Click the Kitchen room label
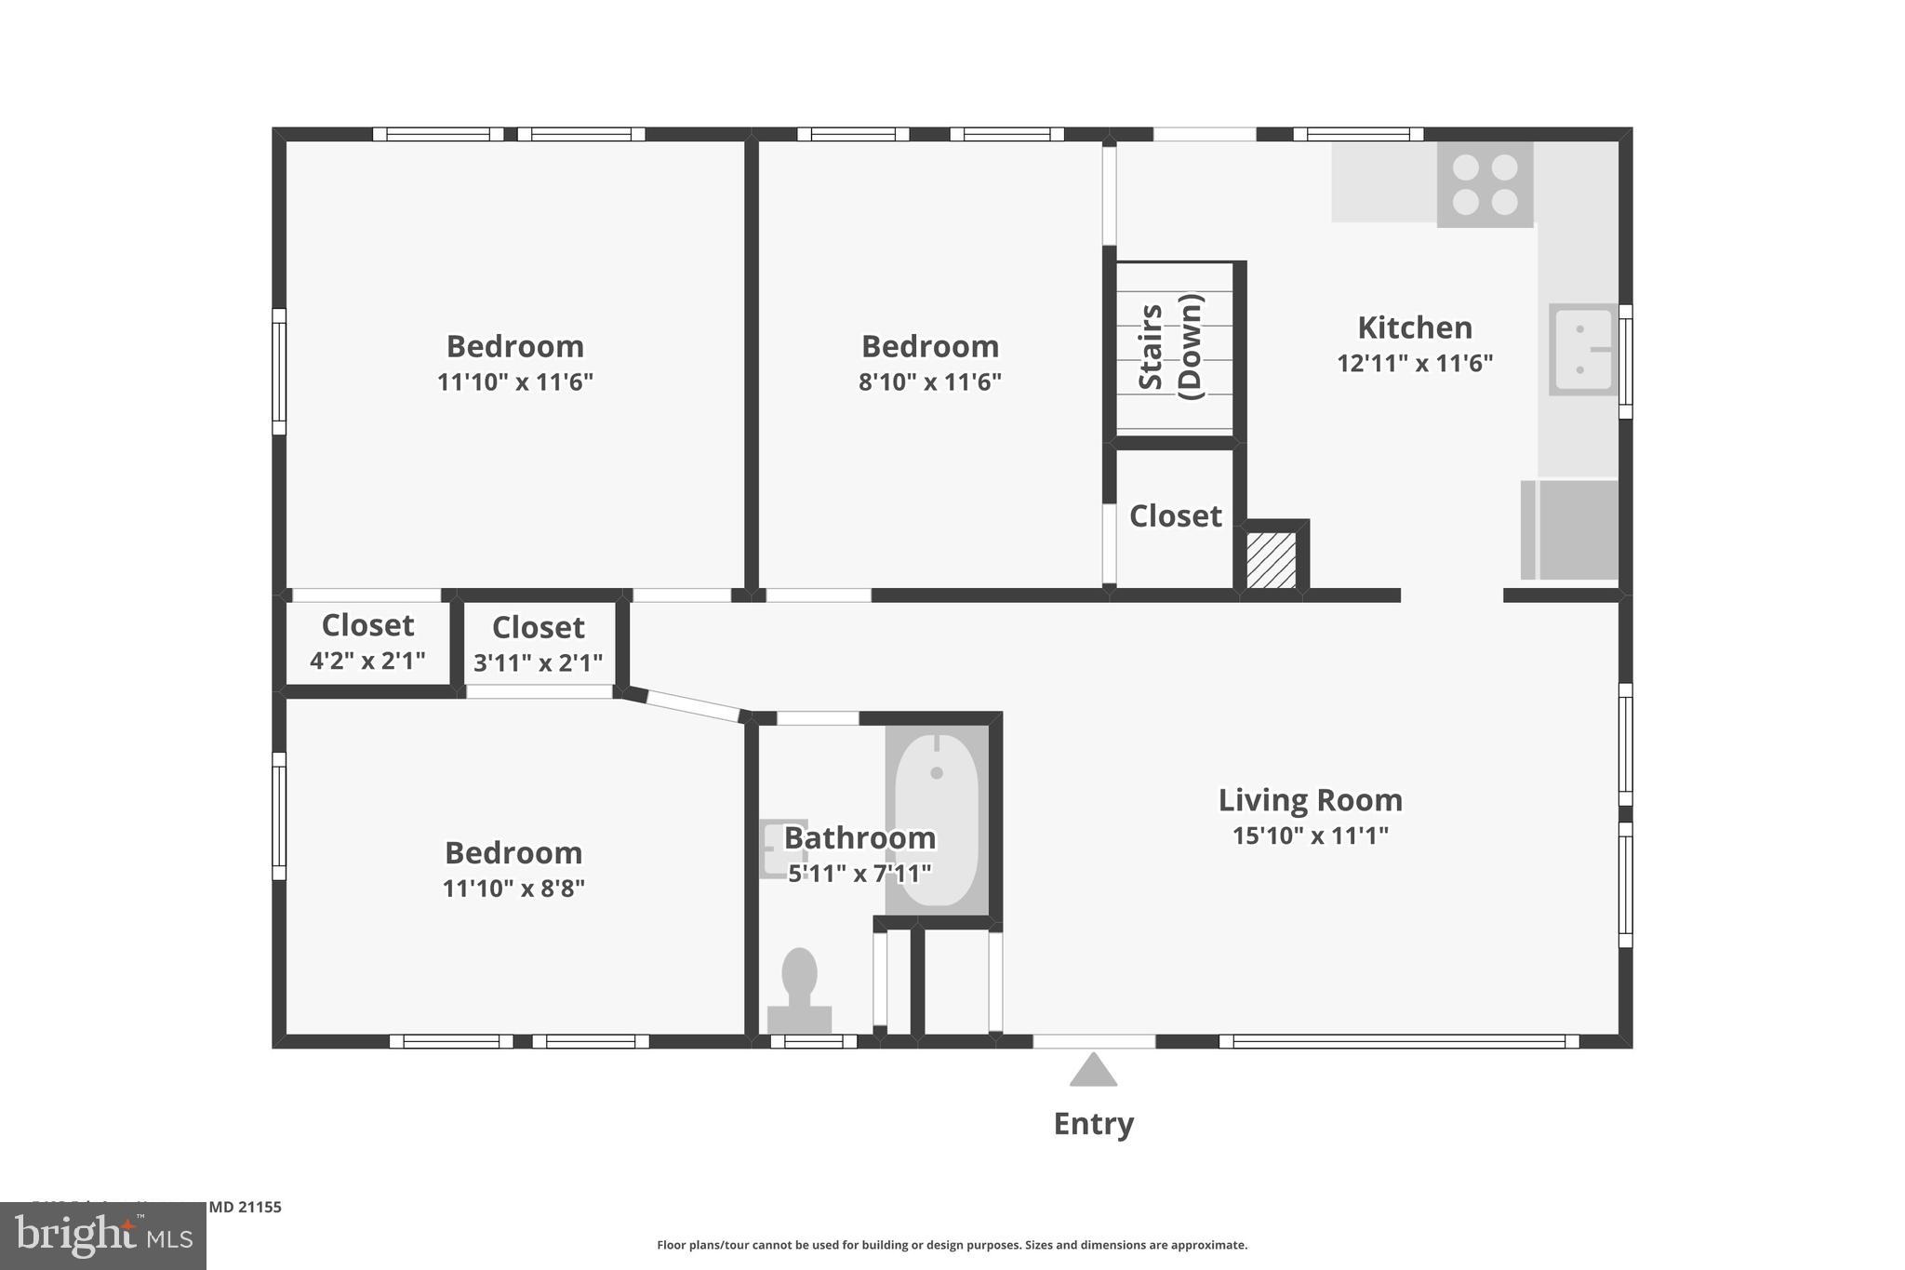[1414, 328]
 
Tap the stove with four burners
[1485, 184]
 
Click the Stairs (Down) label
[1171, 347]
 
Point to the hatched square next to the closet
[1271, 559]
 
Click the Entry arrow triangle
[1093, 1072]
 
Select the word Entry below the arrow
[1093, 1124]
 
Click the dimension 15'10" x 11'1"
[1310, 836]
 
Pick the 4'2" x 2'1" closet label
[367, 661]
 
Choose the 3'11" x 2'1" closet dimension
[538, 662]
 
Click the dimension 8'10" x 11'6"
[929, 382]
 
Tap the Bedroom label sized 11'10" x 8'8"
[513, 852]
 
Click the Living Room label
[1310, 800]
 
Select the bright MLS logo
[103, 1236]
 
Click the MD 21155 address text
[245, 1207]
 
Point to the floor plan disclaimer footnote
[952, 1245]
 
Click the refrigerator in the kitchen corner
[1570, 529]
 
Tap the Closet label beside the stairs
[1175, 516]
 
